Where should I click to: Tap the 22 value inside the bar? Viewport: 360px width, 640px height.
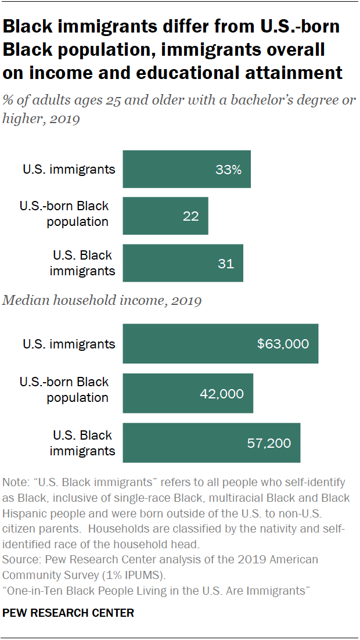coord(190,216)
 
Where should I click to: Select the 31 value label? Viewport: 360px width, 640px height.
coord(225,263)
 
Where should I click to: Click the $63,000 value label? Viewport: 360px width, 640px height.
coord(283,344)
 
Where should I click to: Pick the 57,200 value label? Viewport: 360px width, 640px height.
coord(269,443)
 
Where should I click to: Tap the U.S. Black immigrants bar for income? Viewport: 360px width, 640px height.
coord(174,443)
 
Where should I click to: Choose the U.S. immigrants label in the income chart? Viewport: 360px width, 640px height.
coord(69,344)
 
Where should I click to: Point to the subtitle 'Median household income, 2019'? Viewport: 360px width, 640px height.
coord(102,301)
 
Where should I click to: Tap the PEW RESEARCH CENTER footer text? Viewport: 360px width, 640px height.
coord(69,613)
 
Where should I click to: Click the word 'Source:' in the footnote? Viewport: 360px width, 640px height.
coord(20,560)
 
